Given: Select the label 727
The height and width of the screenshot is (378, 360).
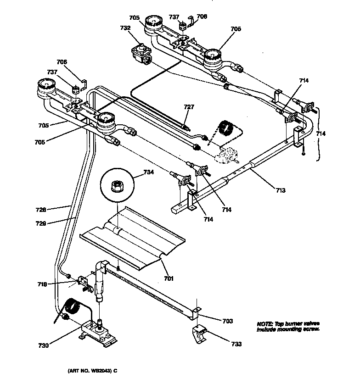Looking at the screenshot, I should tap(189, 107).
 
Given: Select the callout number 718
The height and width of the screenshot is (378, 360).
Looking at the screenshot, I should tap(42, 284).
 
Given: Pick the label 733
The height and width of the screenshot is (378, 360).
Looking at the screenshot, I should tap(236, 344).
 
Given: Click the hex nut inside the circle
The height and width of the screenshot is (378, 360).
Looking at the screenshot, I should tap(117, 186).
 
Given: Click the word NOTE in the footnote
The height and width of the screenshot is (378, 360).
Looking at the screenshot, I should tap(264, 323).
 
